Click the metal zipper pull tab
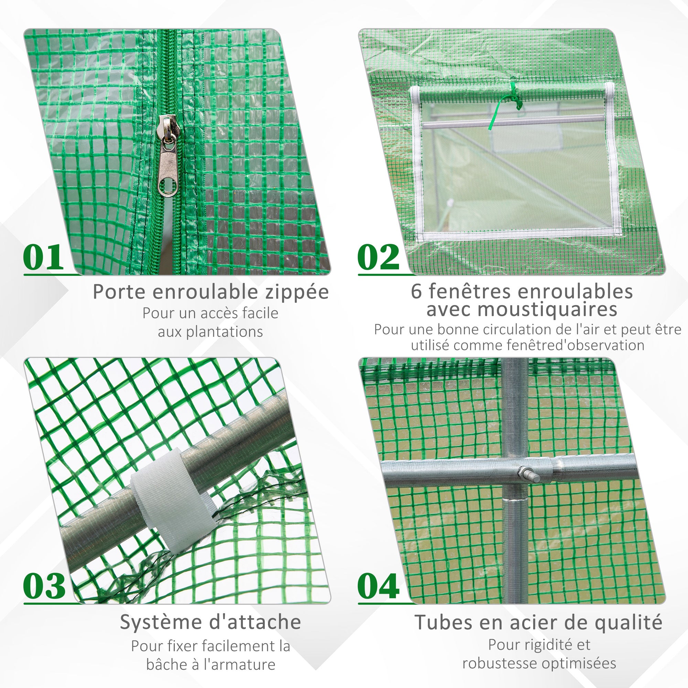tap(168, 157)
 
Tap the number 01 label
tap(43, 257)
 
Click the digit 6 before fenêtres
tap(416, 292)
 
